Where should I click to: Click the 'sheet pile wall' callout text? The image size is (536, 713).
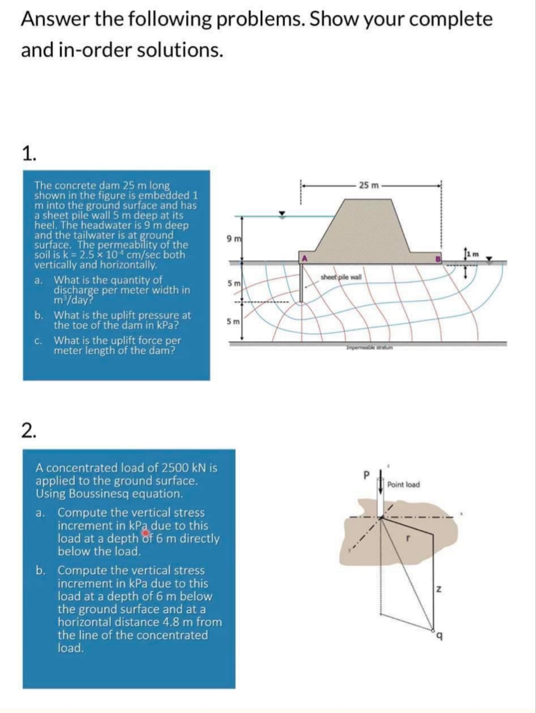(x=341, y=277)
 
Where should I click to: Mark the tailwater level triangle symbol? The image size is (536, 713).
(x=487, y=258)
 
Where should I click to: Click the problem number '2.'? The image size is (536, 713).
(x=29, y=431)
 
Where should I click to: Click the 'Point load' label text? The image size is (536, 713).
(x=403, y=485)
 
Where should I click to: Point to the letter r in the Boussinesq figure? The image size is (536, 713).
(x=407, y=536)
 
